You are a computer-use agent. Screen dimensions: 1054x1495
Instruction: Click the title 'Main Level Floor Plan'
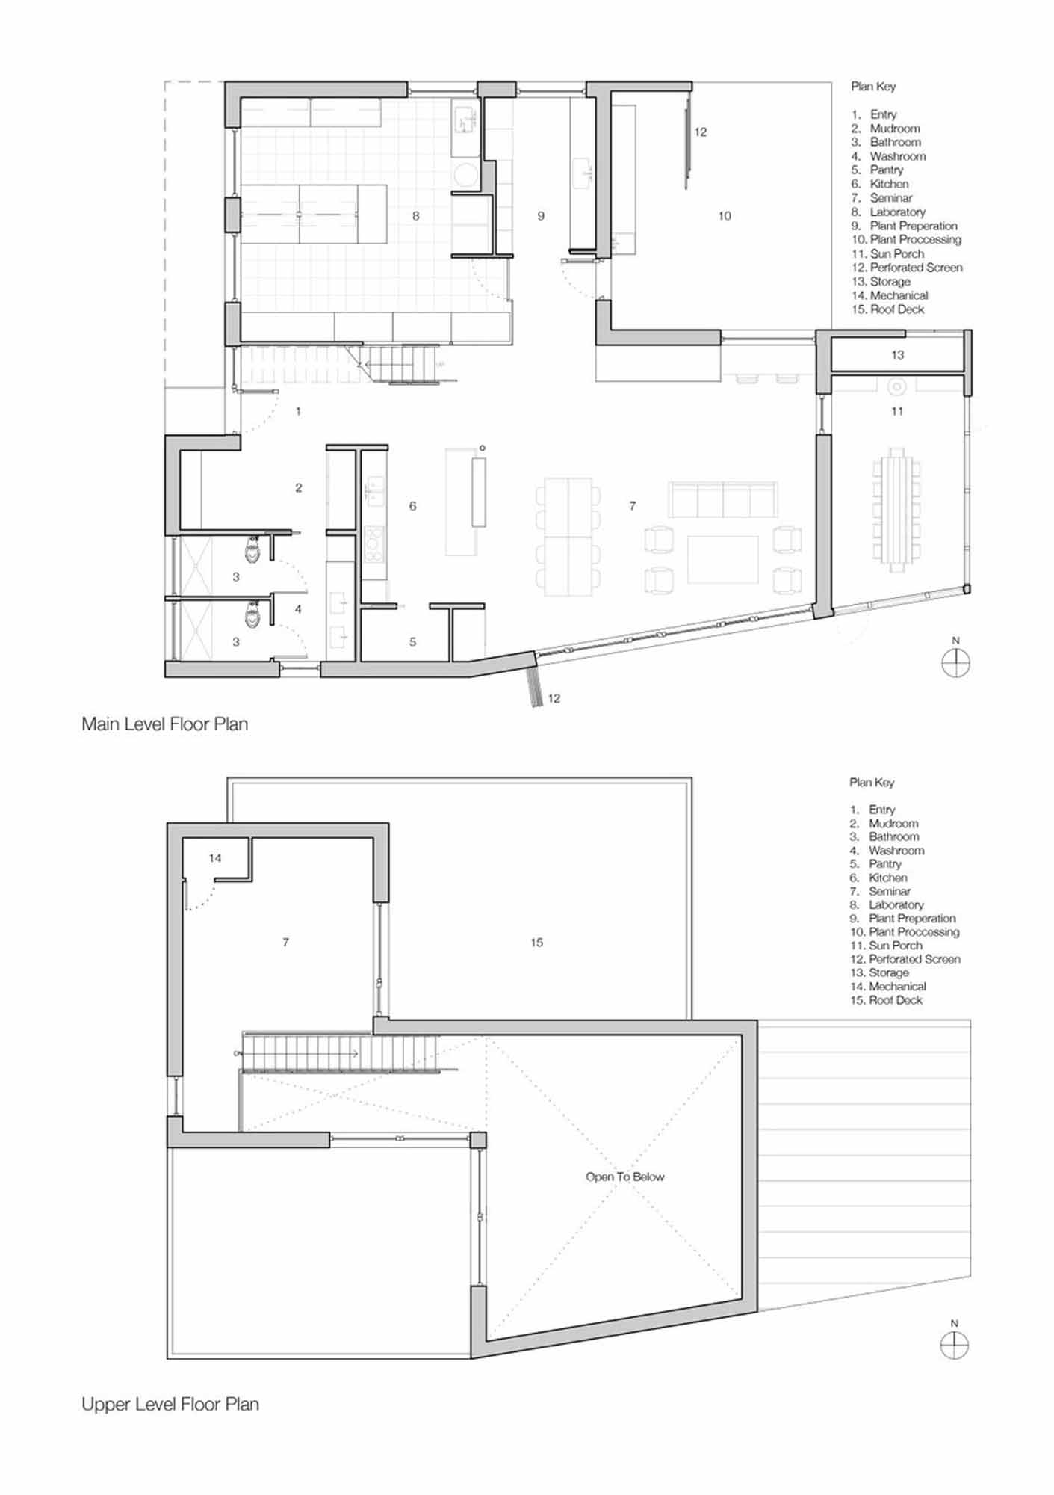click(164, 724)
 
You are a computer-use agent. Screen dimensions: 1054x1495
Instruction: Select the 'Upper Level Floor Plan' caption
click(170, 1404)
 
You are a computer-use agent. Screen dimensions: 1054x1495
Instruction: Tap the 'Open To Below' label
click(624, 1177)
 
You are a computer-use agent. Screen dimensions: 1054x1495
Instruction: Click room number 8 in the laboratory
click(416, 216)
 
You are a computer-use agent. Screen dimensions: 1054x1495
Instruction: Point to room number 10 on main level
click(725, 216)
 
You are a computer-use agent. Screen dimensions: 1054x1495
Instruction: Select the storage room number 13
click(897, 355)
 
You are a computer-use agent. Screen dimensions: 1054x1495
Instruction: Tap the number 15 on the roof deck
click(536, 943)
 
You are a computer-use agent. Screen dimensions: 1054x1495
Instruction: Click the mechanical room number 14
click(215, 858)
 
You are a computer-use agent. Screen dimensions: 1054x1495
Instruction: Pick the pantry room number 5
click(412, 641)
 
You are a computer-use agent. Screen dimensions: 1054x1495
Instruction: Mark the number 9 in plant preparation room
click(541, 216)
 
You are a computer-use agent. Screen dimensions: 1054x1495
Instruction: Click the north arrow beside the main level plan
click(955, 663)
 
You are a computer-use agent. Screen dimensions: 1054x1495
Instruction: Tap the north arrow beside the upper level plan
click(954, 1346)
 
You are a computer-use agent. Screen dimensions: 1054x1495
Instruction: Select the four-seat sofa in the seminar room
click(723, 499)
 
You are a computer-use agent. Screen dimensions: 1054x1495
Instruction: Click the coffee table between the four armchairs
click(723, 559)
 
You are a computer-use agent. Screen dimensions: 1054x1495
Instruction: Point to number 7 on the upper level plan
click(285, 943)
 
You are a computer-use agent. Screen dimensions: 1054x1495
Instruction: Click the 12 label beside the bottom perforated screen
click(554, 698)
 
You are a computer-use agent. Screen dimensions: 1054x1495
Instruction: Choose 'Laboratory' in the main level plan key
click(897, 212)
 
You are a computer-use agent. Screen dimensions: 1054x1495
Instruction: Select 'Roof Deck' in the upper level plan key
click(896, 1000)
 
